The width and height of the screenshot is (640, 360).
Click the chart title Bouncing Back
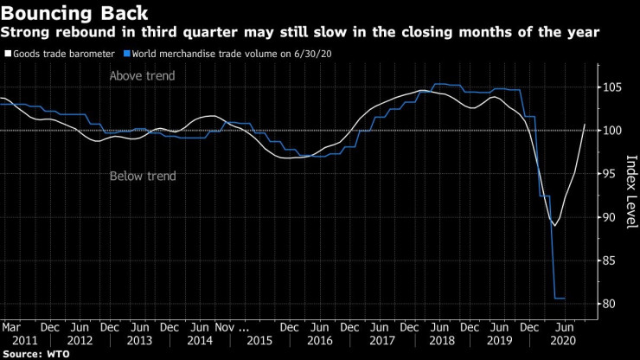[x=74, y=13]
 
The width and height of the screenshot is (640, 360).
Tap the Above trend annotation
[x=142, y=76]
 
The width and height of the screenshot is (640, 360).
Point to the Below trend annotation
[x=143, y=177]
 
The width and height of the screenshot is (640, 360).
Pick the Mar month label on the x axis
[x=11, y=328]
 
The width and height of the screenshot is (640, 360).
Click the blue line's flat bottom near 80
[x=560, y=299]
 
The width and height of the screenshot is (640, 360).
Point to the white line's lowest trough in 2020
[x=554, y=225]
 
